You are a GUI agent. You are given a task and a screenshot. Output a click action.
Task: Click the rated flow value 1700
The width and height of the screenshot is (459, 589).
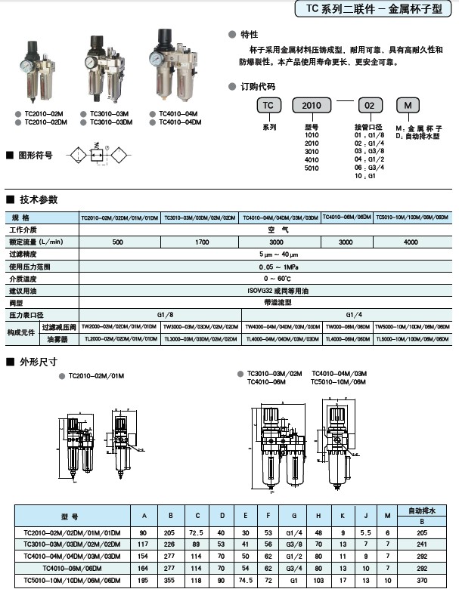(203, 242)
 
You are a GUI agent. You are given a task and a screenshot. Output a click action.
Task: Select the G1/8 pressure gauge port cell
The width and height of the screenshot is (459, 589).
(165, 314)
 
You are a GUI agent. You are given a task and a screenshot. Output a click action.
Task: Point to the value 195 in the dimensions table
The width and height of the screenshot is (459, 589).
(143, 581)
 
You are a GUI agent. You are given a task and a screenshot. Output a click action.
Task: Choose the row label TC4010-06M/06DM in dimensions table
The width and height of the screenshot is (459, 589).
(73, 568)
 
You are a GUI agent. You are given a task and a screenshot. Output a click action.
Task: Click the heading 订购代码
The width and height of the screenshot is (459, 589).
(257, 86)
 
